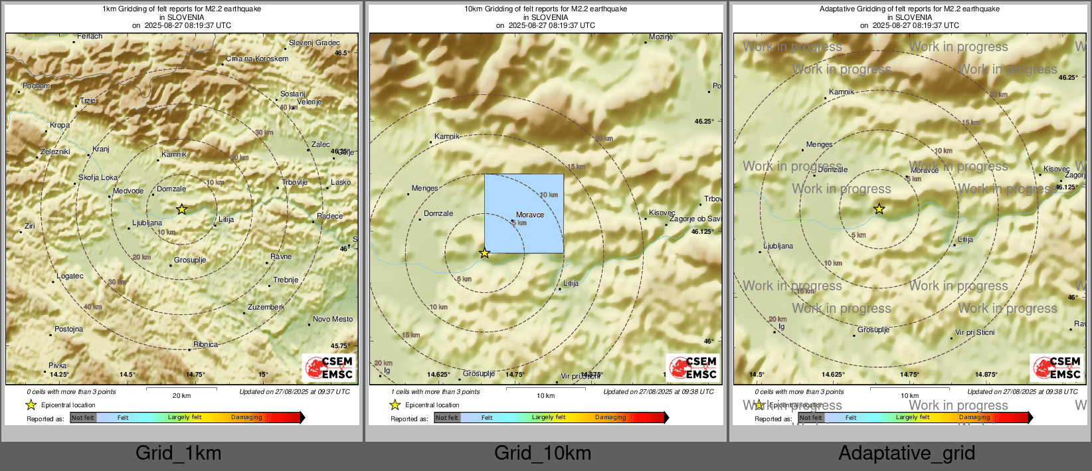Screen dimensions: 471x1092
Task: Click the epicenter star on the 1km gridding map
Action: (181, 209)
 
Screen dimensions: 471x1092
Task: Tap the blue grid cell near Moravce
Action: (524, 213)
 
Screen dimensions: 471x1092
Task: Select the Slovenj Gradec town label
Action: (314, 43)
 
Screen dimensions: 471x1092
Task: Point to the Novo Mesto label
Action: (333, 319)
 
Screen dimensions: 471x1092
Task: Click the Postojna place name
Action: (69, 329)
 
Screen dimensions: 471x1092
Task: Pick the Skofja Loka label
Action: (98, 177)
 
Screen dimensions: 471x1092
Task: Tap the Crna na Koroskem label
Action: (257, 58)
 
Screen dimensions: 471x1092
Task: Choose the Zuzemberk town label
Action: (266, 307)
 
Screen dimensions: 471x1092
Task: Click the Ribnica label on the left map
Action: (205, 344)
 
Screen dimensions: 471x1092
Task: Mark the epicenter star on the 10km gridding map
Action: (484, 253)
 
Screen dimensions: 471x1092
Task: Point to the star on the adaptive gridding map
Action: (879, 209)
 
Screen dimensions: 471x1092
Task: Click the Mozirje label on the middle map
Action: (661, 37)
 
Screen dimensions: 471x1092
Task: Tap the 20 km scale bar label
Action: (181, 395)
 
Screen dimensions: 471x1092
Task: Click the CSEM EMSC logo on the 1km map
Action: (329, 367)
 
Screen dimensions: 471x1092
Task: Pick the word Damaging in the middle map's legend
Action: (610, 417)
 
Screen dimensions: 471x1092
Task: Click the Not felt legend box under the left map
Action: (83, 417)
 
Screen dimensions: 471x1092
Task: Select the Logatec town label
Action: (70, 276)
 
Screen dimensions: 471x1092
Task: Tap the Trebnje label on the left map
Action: (286, 280)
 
